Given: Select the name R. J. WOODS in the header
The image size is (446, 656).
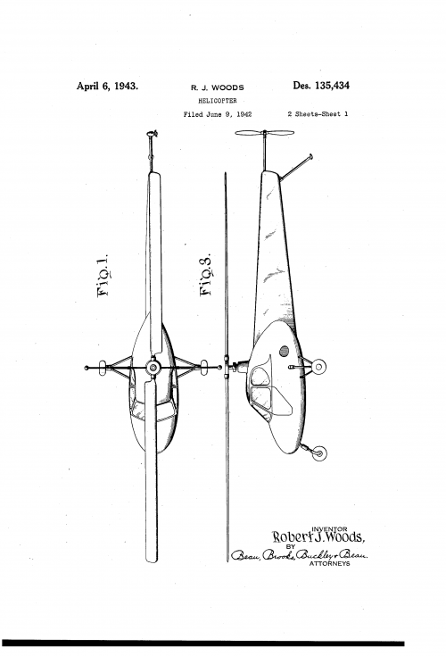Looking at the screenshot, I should click(x=218, y=88).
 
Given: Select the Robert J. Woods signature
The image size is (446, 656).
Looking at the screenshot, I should click(x=318, y=538).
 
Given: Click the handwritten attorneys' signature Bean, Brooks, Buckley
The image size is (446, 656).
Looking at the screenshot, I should click(x=301, y=555).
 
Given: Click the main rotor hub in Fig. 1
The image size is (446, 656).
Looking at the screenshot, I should click(x=153, y=367).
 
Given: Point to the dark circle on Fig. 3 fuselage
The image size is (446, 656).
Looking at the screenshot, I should click(x=285, y=351).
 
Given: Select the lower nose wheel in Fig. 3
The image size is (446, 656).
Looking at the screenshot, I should click(x=318, y=453).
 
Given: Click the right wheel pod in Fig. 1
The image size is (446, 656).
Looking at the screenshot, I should click(x=203, y=365).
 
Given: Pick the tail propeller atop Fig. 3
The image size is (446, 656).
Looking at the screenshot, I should click(x=264, y=135).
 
